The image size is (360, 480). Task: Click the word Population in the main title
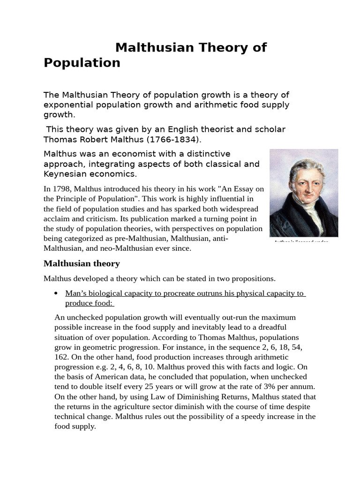[x=82, y=63]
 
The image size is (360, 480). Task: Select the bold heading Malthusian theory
[x=82, y=263]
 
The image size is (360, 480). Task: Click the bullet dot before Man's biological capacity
[x=56, y=293]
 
